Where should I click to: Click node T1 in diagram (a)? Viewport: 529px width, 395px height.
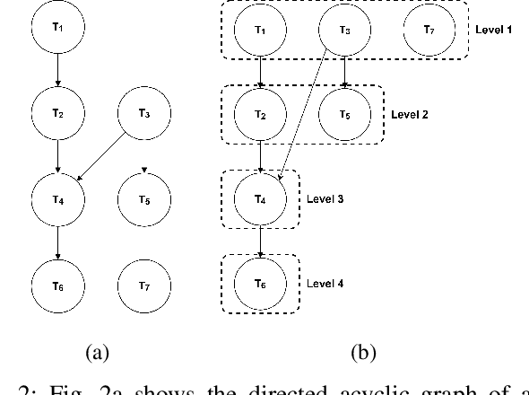coord(57,29)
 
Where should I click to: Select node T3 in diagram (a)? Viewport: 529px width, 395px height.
coord(144,114)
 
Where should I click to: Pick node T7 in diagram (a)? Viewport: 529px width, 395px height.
coord(144,285)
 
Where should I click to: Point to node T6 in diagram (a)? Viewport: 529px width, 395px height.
coord(57,285)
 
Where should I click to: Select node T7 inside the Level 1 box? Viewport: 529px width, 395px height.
coord(428,31)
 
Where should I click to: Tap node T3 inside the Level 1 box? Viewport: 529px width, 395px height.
coord(344,31)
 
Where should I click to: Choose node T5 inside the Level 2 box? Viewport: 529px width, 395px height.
coord(344,115)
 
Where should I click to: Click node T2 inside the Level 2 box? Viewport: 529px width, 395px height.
coord(260,115)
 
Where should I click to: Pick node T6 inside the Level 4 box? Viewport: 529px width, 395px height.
coord(260,284)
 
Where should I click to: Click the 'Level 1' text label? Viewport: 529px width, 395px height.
coord(493,31)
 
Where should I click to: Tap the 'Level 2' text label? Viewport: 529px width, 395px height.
coord(410,115)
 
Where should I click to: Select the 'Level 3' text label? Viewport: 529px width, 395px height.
coord(325,199)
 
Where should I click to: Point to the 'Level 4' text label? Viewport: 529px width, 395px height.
coord(325,284)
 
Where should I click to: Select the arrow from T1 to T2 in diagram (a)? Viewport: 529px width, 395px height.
coord(57,70)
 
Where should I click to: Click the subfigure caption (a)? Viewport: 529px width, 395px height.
coord(96,353)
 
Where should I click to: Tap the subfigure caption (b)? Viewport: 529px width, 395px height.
coord(363,353)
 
